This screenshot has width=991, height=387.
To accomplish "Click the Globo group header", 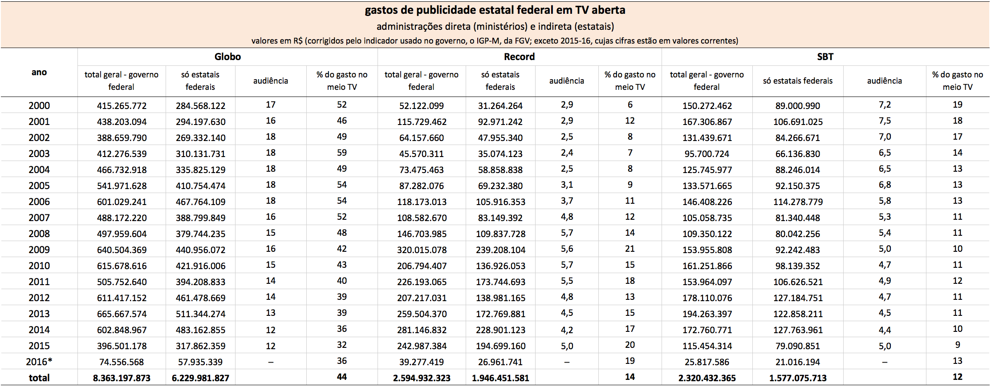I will [227, 57].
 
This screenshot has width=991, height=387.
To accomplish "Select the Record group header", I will [519, 57].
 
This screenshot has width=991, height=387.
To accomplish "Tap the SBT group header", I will [825, 57].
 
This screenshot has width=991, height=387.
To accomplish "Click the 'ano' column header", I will [39, 73].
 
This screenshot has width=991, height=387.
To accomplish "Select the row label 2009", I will [39, 250].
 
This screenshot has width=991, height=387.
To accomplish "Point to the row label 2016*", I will [39, 362].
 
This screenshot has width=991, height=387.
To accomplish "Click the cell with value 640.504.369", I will [122, 250].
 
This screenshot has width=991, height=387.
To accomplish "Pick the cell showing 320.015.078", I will [422, 250].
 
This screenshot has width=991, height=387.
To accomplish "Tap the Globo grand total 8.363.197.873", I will [122, 378].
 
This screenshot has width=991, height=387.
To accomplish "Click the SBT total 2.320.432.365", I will [707, 378].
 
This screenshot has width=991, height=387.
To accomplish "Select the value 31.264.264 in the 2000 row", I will [500, 106].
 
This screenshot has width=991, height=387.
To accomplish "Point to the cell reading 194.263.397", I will [707, 314].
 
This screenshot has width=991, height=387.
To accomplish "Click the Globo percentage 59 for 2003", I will [342, 153].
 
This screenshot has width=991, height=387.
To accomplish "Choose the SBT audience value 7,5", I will [885, 121].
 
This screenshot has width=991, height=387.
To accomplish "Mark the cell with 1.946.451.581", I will [500, 378].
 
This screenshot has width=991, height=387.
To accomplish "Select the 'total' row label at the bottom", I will [39, 378].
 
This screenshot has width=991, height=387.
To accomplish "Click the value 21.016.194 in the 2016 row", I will [798, 362].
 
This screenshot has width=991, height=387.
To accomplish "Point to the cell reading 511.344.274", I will [200, 314].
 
